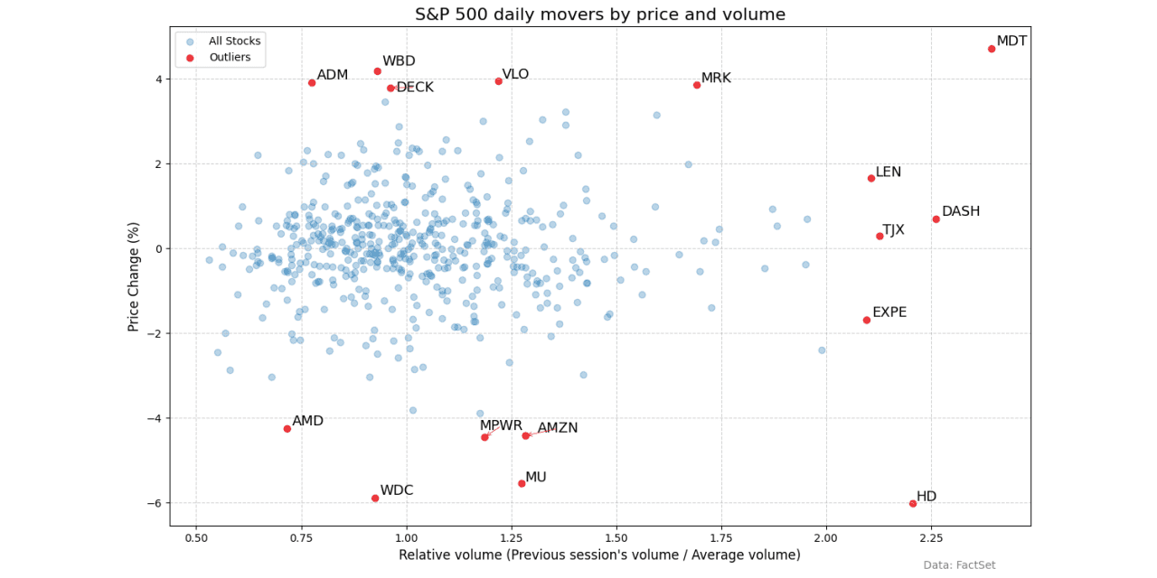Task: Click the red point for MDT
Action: point(992,49)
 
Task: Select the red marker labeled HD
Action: point(913,503)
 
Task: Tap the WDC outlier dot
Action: point(375,498)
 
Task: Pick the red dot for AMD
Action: point(287,428)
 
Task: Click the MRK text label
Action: point(716,79)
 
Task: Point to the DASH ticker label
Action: point(960,211)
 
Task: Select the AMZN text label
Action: point(557,428)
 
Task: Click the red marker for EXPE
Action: point(867,320)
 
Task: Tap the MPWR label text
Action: point(501,425)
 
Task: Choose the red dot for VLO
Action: point(498,81)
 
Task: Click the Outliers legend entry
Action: point(229,58)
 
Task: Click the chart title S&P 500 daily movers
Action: point(599,14)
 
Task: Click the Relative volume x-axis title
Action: point(599,555)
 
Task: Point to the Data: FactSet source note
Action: point(959,565)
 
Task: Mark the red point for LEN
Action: point(871,178)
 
